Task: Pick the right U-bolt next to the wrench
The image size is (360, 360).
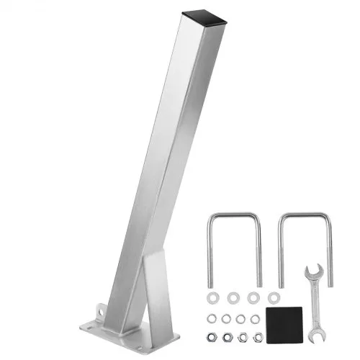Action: pyautogui.click(x=303, y=245)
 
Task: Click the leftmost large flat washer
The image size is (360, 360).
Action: pyautogui.click(x=213, y=297)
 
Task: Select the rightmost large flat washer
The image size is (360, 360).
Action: pyautogui.click(x=273, y=297)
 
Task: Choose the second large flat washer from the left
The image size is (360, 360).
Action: pyautogui.click(x=233, y=297)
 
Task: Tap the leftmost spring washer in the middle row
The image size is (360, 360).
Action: pyautogui.click(x=212, y=318)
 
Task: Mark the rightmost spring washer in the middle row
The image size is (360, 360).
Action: pyautogui.click(x=255, y=318)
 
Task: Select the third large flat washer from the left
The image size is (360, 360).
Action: pyautogui.click(x=253, y=297)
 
